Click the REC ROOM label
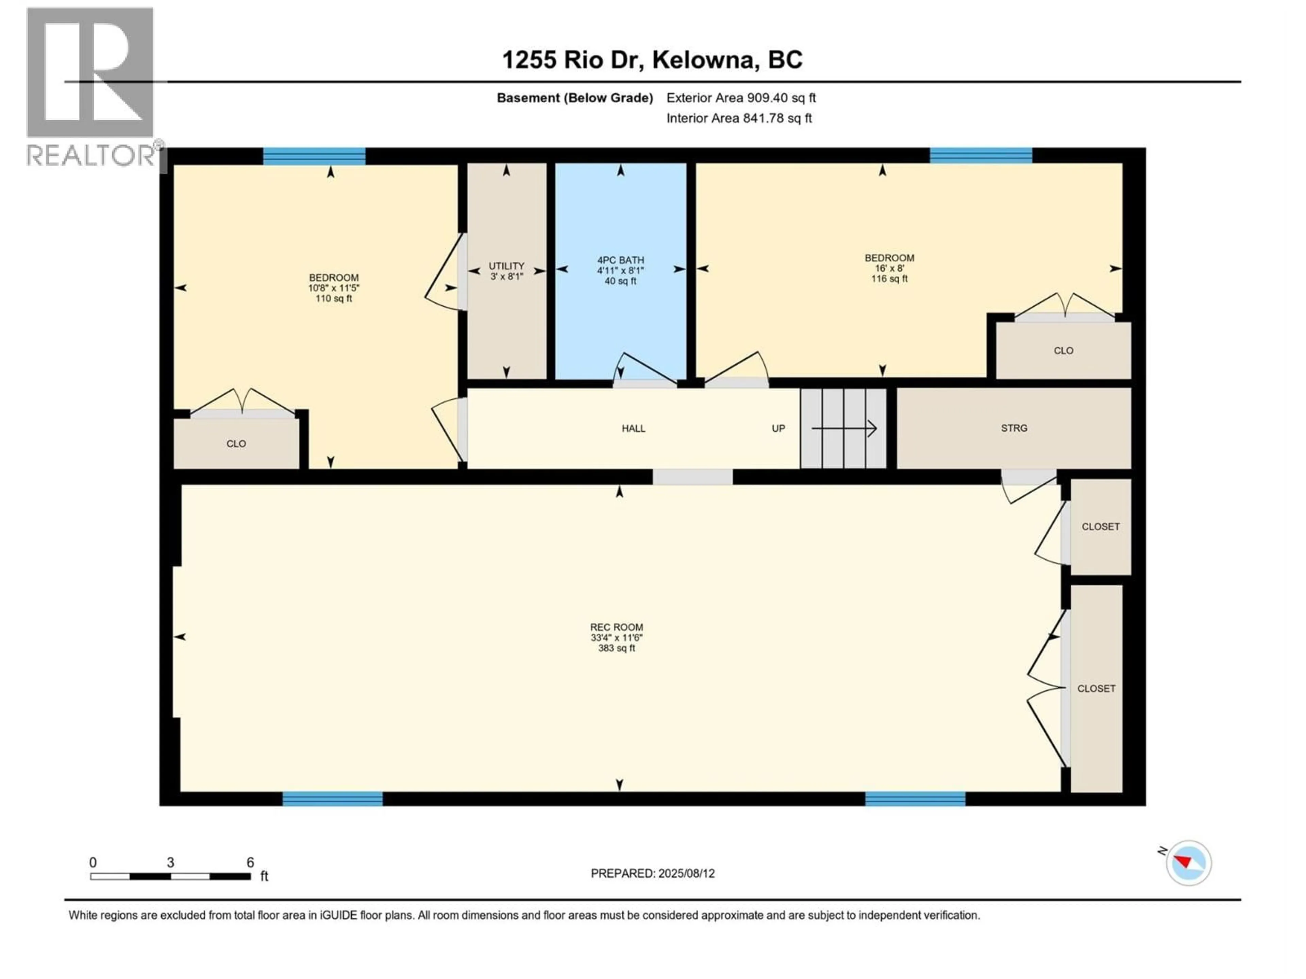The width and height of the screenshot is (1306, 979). click(616, 627)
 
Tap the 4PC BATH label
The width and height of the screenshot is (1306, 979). click(621, 260)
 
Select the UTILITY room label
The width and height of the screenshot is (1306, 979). click(506, 266)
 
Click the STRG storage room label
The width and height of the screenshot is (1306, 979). click(1014, 428)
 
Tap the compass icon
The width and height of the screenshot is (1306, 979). click(1189, 863)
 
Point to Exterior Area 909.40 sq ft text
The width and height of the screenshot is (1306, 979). click(741, 98)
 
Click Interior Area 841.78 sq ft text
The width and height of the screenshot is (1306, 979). click(739, 118)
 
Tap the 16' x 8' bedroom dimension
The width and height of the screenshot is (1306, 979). click(889, 268)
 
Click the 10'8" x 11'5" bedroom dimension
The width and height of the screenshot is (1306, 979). click(334, 288)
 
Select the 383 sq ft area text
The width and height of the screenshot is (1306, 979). click(616, 648)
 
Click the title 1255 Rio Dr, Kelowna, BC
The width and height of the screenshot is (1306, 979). click(652, 59)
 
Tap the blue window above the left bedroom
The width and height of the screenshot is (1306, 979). click(314, 156)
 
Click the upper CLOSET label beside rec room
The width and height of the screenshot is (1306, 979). click(1100, 526)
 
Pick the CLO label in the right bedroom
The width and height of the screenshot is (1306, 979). click(1064, 350)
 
